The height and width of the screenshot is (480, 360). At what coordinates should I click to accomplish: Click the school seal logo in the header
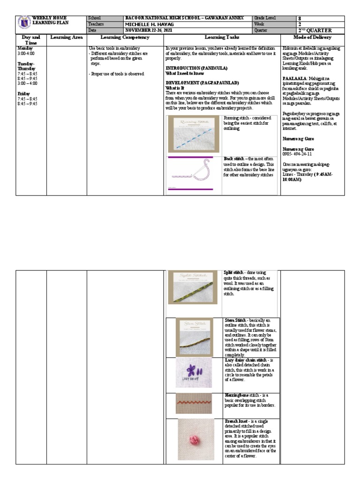click(x=24, y=23)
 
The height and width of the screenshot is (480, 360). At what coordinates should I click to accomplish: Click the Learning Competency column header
click(x=125, y=37)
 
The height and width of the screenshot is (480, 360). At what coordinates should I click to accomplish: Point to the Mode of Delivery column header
click(x=312, y=37)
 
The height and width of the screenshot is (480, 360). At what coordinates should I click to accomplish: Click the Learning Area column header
click(x=66, y=37)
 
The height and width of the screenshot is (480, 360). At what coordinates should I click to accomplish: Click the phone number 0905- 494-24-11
click(x=298, y=154)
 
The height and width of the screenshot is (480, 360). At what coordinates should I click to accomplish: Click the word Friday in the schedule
click(x=24, y=94)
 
